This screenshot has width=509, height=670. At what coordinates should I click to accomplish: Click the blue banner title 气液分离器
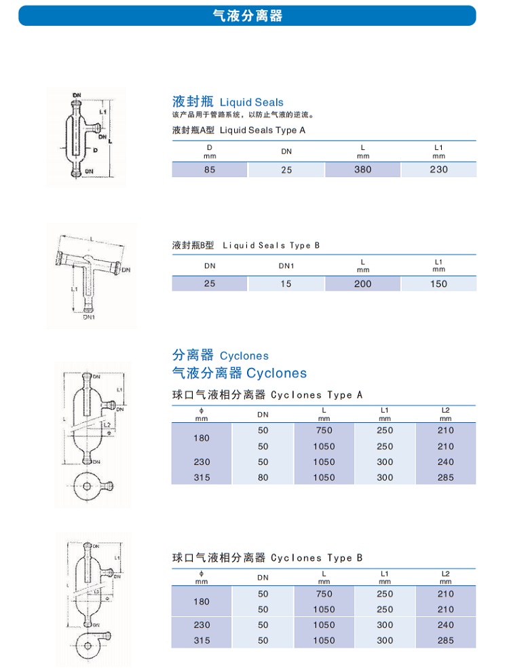coord(247,16)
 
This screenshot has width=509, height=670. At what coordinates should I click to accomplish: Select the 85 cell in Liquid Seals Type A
coord(210,170)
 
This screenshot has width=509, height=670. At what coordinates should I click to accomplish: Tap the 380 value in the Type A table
coord(363,170)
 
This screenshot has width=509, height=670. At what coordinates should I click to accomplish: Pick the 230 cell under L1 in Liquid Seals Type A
coord(439,170)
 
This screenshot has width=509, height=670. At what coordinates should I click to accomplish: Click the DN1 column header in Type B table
coord(286,266)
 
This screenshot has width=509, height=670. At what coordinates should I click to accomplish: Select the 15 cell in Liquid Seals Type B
coord(286,284)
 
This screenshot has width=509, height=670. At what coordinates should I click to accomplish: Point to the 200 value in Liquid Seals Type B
coord(363,284)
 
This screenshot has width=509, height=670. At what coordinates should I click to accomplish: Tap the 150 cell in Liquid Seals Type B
coord(439,284)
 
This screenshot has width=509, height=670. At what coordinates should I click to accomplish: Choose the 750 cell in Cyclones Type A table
coord(324,430)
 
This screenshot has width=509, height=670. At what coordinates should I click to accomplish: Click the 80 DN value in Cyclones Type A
coord(263,477)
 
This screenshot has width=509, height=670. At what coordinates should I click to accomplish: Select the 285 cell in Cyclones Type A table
coord(446,477)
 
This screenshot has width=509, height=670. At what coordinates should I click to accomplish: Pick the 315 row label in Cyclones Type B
coord(202,640)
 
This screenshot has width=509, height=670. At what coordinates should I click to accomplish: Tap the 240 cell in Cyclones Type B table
coord(446,625)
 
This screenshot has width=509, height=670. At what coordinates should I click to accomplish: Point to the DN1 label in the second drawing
coord(89,316)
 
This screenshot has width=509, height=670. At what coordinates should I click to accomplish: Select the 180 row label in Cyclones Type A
coord(202,439)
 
